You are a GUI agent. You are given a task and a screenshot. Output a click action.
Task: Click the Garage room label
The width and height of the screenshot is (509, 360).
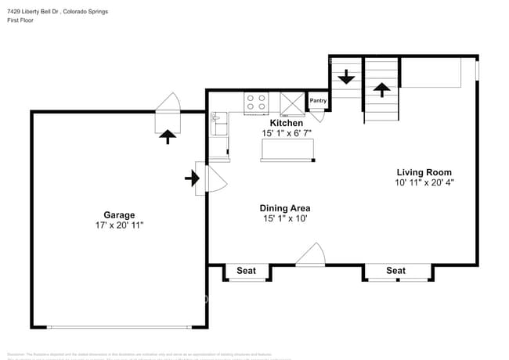pos(119,214)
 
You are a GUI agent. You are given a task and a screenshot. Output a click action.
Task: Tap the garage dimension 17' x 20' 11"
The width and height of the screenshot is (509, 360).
pos(119,225)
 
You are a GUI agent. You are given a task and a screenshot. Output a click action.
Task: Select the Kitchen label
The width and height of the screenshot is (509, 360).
pos(286,123)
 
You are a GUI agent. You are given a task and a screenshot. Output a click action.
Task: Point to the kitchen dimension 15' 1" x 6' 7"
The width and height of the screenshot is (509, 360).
pos(286,134)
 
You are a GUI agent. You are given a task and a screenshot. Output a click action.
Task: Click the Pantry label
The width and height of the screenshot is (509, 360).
pos(318,101)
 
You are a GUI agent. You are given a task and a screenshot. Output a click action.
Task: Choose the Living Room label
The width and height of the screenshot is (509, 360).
pos(424,172)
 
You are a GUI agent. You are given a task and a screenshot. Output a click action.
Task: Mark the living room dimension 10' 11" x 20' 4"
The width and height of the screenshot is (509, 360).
pos(424,183)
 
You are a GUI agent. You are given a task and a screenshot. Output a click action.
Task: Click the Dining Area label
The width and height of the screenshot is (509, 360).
pos(285,208)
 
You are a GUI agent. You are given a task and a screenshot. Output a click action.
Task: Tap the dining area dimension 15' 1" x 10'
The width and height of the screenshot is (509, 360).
pos(285,219)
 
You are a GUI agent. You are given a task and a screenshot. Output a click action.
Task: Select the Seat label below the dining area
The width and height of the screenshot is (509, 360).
pos(247,271)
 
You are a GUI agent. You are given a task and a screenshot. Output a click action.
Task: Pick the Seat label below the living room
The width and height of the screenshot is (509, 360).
pos(395,271)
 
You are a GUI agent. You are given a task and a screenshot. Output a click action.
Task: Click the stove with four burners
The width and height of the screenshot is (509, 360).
pos(256,103)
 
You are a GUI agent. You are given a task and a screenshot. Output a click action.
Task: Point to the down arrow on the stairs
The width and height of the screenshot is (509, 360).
pos(345,78)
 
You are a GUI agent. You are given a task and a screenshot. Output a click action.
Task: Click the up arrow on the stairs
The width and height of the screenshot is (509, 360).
pos(381,88)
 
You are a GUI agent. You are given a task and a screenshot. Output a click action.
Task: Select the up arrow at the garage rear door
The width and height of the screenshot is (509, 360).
pos(167,136)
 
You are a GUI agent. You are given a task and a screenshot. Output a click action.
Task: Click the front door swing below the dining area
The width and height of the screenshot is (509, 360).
pos(311,255)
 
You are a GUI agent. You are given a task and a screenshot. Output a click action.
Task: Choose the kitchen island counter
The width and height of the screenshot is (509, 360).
pos(287,149)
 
